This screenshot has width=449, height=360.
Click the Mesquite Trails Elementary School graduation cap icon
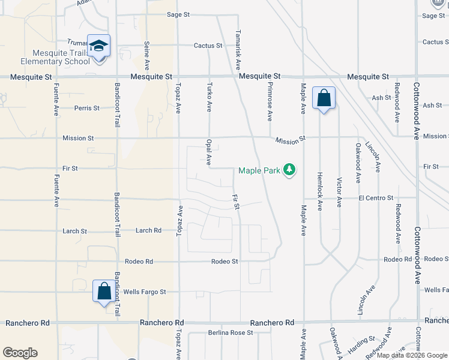(x=98, y=45)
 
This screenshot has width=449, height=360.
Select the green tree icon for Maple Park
(x=290, y=170)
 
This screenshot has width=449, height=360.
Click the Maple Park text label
(x=259, y=170)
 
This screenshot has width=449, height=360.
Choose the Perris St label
(x=87, y=108)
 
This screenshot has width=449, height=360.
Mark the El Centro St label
(x=376, y=197)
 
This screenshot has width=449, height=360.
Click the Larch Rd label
(x=148, y=230)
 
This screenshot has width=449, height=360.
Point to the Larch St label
(x=75, y=231)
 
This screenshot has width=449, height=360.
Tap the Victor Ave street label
(x=339, y=192)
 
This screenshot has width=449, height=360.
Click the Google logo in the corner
(x=20, y=353)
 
